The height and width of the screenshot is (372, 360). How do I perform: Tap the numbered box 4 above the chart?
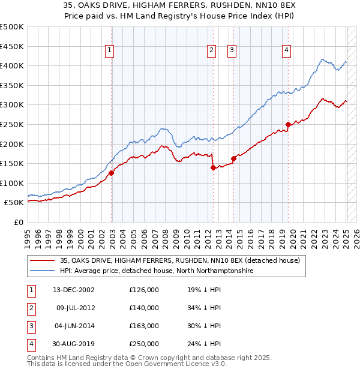click(287, 51)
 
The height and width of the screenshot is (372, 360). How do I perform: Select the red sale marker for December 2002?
click(112, 173)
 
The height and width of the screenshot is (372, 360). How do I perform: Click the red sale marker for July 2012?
click(213, 167)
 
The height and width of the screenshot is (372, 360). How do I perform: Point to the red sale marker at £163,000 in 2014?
click(233, 158)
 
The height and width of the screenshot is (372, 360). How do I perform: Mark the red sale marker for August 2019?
click(289, 124)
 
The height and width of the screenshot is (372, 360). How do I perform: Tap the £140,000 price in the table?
click(144, 308)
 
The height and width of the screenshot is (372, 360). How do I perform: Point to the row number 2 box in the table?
click(30, 308)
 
